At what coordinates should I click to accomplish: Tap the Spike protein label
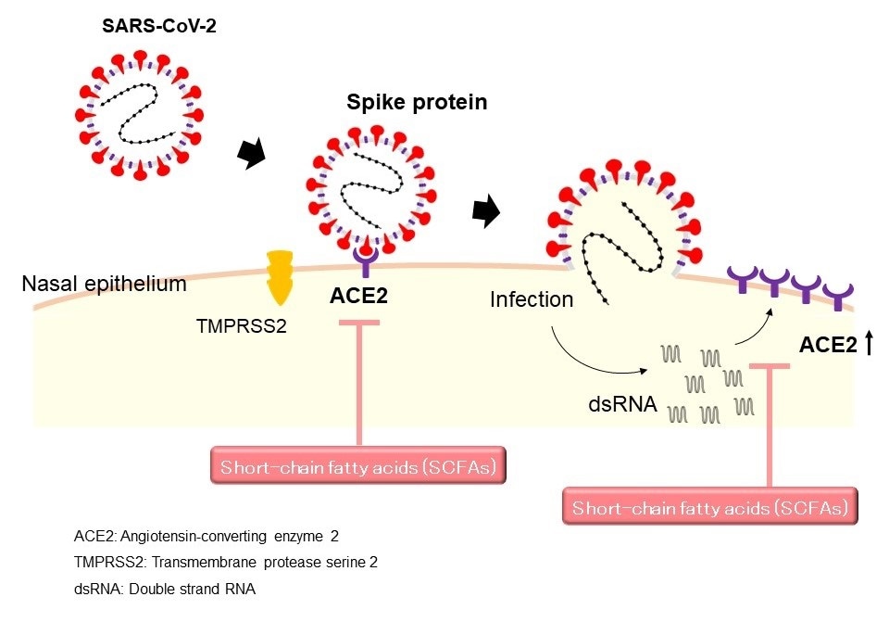click(417, 102)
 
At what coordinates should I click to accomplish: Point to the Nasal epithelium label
click(104, 284)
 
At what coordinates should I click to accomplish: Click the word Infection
click(532, 300)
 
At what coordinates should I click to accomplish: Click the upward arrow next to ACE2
click(869, 347)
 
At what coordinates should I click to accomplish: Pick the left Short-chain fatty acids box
click(359, 467)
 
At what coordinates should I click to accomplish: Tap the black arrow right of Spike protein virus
click(483, 212)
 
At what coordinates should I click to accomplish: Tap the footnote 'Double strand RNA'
click(209, 589)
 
